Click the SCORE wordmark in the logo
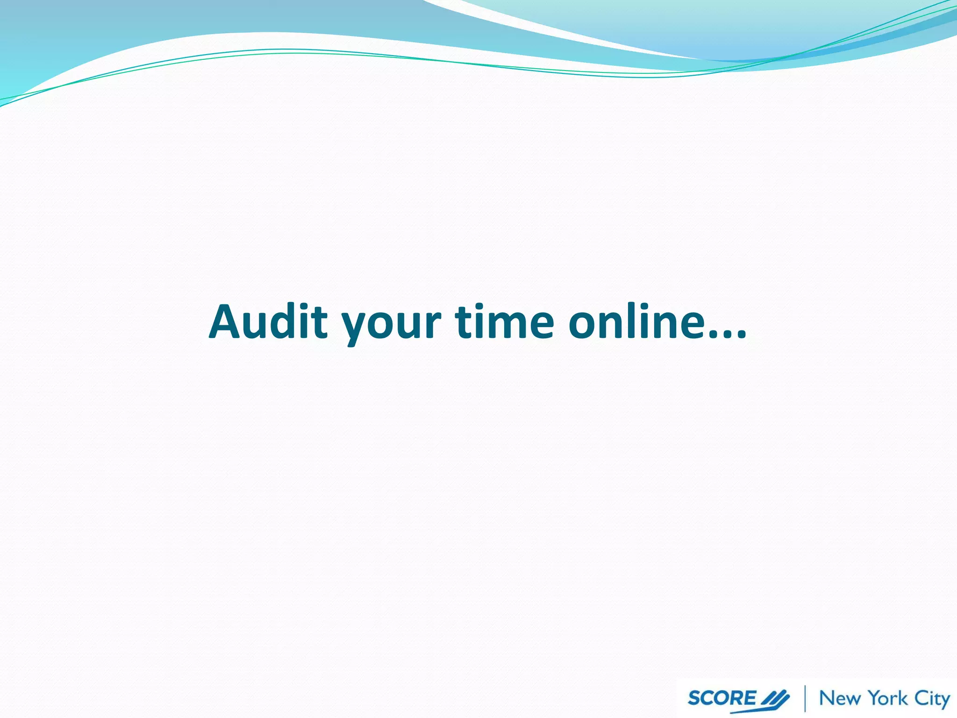721,698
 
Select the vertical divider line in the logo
805,698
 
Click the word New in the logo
840,698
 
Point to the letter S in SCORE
695,698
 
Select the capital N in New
828,698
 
